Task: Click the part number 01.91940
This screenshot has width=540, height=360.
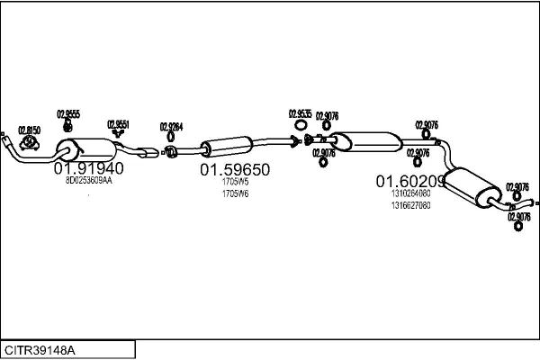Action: [88, 168]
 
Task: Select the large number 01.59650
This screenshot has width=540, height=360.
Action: [235, 169]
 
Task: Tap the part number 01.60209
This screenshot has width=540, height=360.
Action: [410, 181]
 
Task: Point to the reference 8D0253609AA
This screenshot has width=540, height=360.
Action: [88, 181]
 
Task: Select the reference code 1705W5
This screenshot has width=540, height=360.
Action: [235, 183]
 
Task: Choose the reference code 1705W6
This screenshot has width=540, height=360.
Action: [235, 193]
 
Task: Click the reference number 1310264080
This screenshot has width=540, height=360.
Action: [410, 193]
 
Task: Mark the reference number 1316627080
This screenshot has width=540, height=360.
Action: [410, 204]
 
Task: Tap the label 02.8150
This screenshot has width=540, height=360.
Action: [30, 130]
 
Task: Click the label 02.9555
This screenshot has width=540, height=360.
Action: [68, 113]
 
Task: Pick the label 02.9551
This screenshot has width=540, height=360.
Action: [118, 123]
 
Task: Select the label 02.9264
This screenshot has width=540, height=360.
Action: [171, 126]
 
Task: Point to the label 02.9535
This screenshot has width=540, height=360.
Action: [300, 113]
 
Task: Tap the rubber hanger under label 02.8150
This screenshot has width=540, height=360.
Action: [31, 141]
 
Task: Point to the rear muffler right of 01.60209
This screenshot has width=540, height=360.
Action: [473, 185]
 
